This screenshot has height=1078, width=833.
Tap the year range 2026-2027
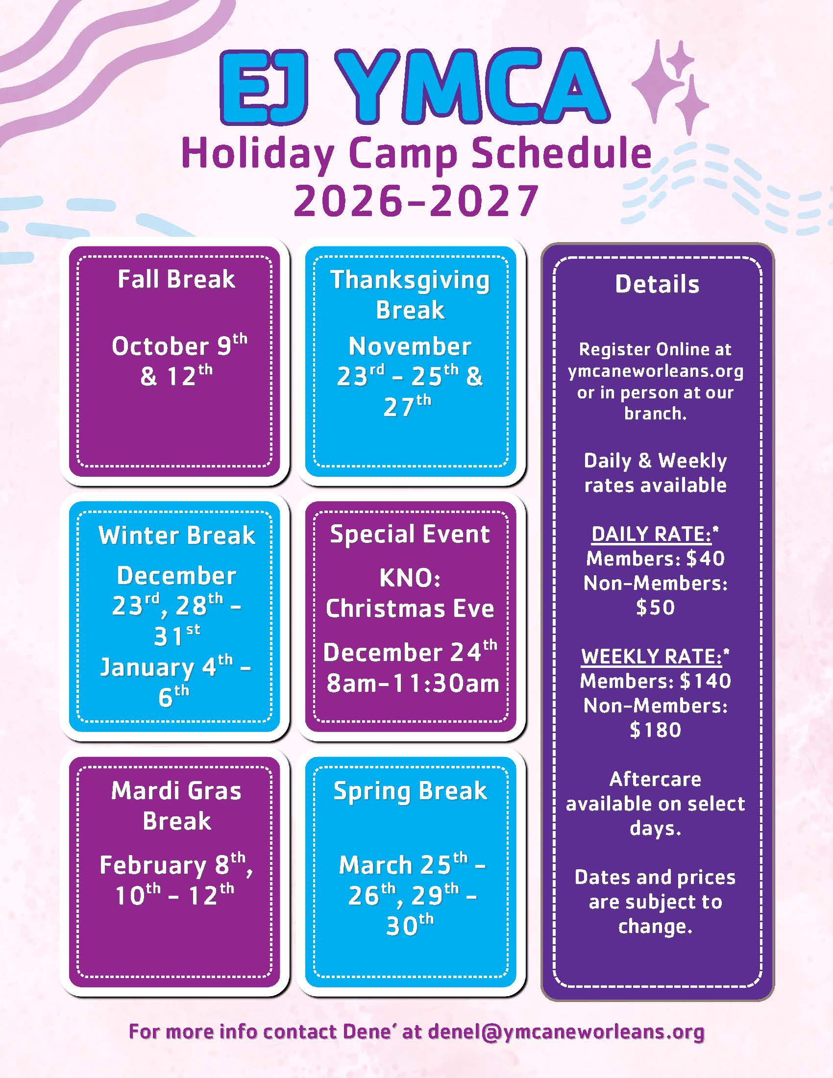click(416, 200)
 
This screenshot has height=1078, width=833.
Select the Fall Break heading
click(176, 279)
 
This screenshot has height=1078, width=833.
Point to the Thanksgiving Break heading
click(410, 295)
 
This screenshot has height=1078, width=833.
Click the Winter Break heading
click(177, 535)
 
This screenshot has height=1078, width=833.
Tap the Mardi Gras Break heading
click(176, 806)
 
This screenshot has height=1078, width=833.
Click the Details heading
click(657, 284)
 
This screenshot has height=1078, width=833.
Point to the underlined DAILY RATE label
click(651, 534)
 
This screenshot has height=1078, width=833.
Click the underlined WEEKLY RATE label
click(651, 657)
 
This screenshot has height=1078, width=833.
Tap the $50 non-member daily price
click(655, 607)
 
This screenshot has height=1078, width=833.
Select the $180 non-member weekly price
click(655, 730)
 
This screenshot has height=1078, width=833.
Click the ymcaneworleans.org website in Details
click(655, 371)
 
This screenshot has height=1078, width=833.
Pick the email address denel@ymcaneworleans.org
click(566, 1031)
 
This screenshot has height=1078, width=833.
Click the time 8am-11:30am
click(413, 684)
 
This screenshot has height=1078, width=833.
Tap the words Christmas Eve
click(410, 608)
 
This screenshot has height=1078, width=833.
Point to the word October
click(160, 346)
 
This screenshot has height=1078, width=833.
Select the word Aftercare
click(655, 779)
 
